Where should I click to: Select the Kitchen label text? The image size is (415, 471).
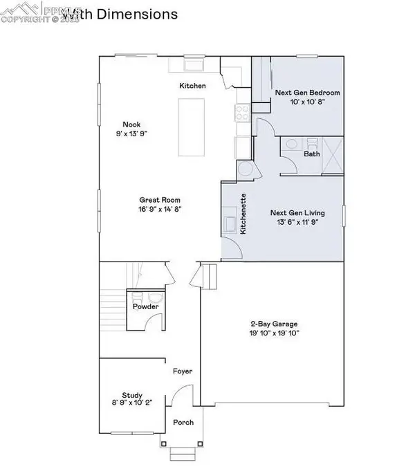coord(193,86)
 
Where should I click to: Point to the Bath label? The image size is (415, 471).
coord(312,154)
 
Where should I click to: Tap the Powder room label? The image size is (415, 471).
coord(147,306)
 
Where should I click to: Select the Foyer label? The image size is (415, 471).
coord(183,371)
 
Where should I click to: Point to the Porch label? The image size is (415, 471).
coord(183,423)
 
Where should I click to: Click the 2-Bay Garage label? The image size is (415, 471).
coord(275,323)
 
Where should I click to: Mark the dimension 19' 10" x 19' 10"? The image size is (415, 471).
coord(275,333)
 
